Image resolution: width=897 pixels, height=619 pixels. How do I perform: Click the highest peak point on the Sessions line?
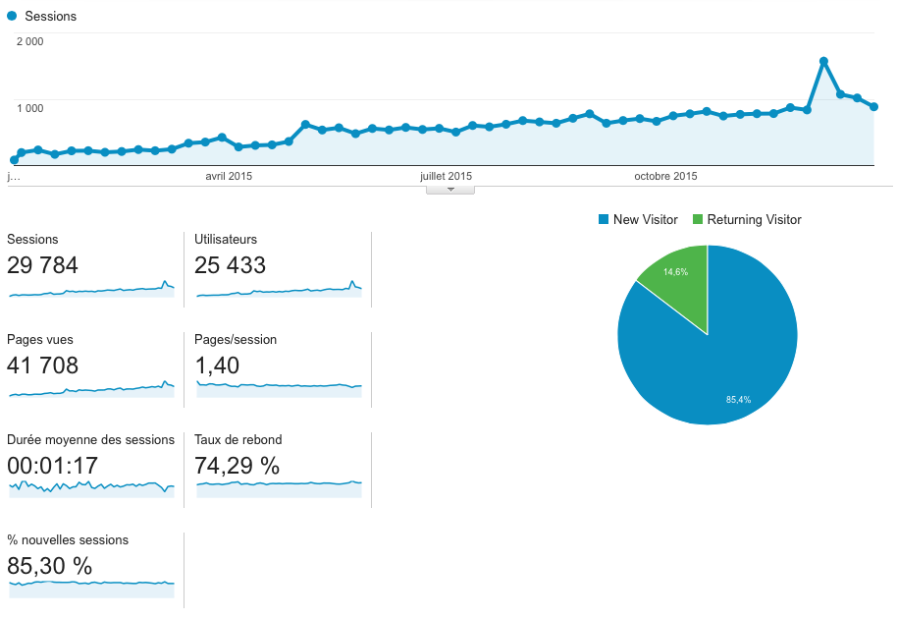coord(823,61)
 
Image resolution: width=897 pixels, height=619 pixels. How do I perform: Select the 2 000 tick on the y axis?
coord(29,41)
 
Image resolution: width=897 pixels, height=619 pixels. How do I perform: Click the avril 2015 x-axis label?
coord(229,176)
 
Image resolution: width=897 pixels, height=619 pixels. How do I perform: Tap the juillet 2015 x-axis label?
coord(446,176)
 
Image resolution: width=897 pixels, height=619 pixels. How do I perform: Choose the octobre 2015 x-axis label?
coord(665,176)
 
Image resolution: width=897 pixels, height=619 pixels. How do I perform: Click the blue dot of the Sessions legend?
coord(11,16)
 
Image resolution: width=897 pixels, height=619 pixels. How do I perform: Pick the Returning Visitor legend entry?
coord(747,220)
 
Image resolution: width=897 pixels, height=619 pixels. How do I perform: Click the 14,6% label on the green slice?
coord(675,271)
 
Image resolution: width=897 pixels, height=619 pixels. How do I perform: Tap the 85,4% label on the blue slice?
coord(738,400)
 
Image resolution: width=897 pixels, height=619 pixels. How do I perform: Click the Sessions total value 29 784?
coord(42,265)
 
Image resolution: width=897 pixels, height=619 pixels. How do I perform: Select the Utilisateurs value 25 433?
coord(231,265)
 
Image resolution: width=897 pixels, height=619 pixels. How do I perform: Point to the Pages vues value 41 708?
coord(42,366)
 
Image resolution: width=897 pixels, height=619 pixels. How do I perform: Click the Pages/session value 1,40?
coord(217,366)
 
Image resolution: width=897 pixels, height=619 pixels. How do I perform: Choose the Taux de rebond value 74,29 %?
coord(237,466)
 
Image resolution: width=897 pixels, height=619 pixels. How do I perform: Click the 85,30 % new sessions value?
coord(49,566)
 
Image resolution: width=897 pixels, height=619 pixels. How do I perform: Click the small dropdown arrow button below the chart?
coord(450,189)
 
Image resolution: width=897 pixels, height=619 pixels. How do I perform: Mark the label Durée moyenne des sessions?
coord(90,439)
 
